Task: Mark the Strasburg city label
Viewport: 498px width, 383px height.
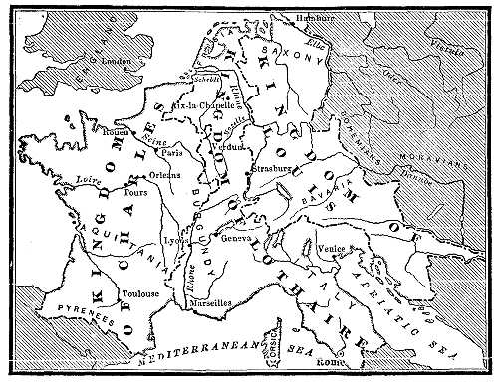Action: [276, 167]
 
